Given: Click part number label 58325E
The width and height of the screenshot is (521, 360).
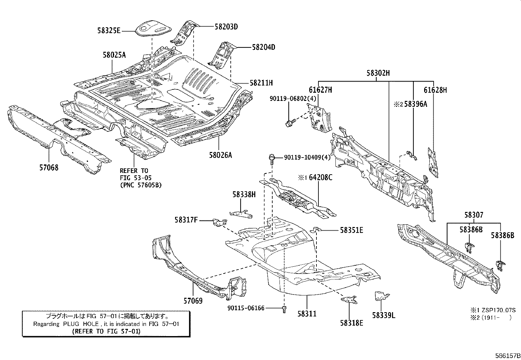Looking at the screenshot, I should point(109,31).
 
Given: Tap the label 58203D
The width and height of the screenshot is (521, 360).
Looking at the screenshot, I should point(226,27).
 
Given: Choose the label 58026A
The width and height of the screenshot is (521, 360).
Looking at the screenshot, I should point(220,155).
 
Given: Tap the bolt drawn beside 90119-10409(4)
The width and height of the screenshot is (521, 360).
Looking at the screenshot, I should point(272,159).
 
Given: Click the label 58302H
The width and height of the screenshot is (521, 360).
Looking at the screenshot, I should point(378,73).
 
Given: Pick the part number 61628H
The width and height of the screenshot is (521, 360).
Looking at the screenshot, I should point(435,90).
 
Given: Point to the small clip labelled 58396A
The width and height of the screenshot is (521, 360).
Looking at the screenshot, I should point(411,155).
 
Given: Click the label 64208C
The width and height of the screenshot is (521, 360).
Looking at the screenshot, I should point(320,178).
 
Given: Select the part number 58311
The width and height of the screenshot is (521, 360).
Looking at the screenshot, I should point(307,314).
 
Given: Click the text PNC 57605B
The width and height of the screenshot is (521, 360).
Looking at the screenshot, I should point(141,185).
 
